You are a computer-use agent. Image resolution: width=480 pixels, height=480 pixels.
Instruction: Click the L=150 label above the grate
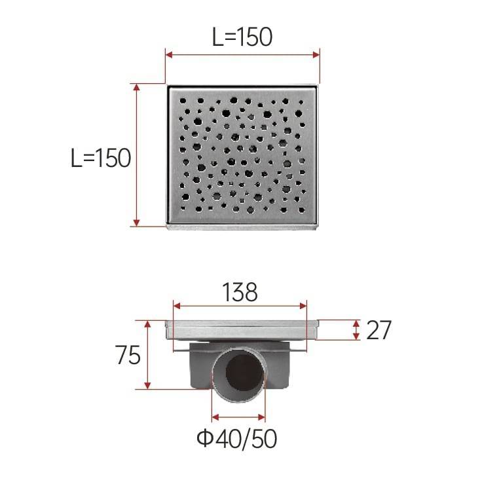(x=242, y=37)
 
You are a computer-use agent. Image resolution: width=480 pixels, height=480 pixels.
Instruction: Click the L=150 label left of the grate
(x=101, y=158)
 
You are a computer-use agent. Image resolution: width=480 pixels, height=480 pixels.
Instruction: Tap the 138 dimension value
(x=240, y=292)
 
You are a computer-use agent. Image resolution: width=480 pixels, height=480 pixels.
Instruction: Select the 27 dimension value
(x=378, y=330)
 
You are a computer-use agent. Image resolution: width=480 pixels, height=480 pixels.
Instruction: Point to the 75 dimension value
(x=128, y=355)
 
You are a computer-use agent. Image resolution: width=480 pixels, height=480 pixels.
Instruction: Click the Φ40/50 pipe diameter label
(x=236, y=439)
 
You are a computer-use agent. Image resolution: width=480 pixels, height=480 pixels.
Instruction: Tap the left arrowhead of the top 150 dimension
(x=170, y=55)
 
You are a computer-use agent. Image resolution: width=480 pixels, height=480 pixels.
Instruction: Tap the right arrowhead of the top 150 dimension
(x=316, y=55)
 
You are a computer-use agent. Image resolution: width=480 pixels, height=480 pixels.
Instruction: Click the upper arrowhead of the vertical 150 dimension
(x=136, y=88)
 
